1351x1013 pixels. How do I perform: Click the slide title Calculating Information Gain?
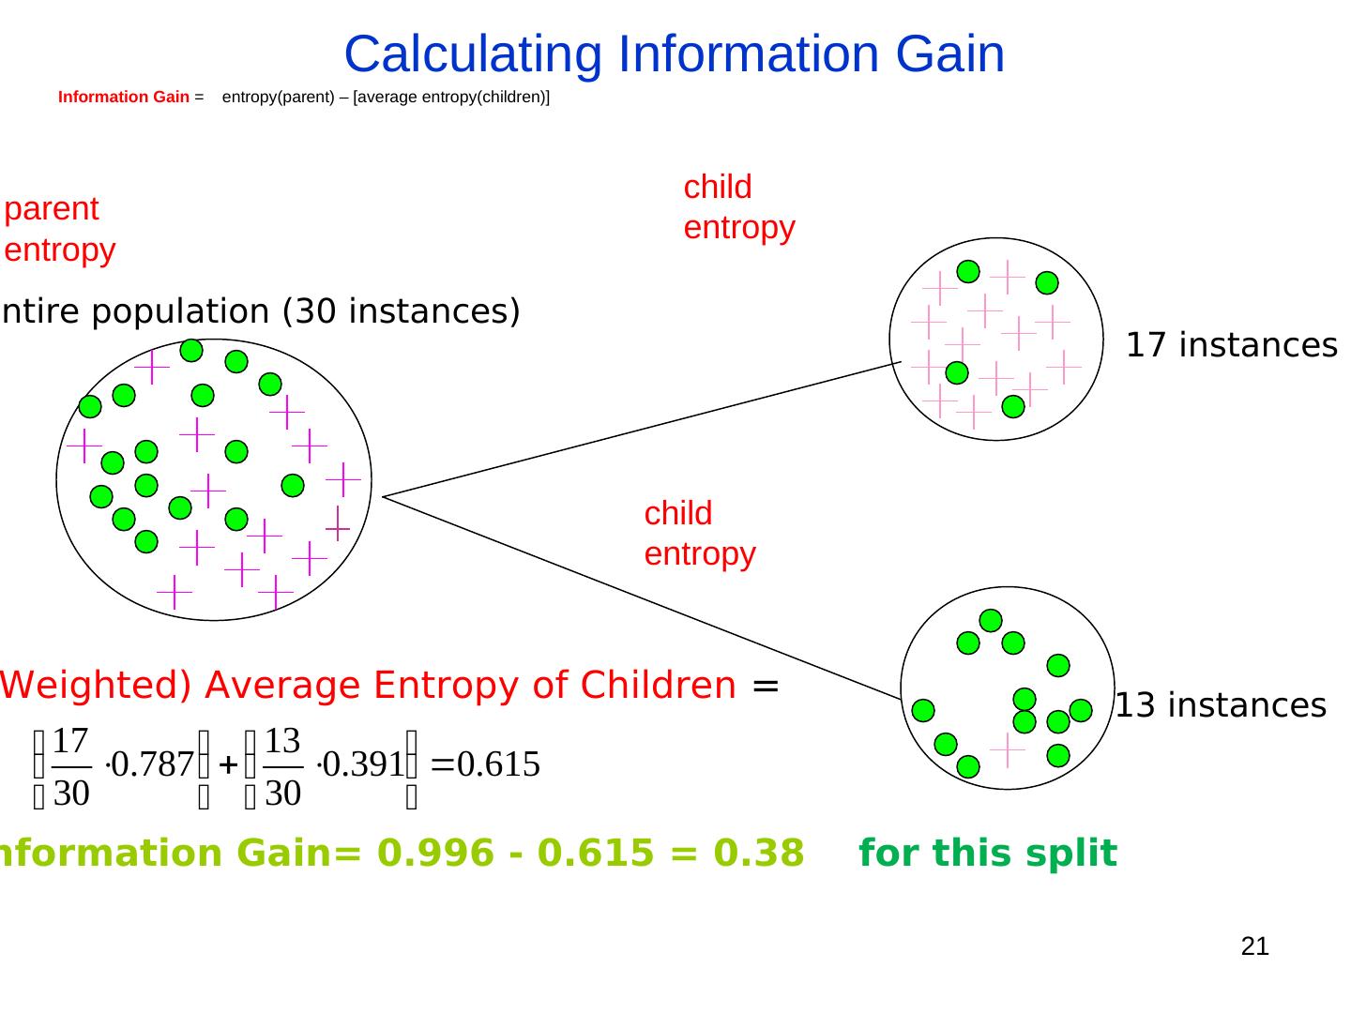tap(674, 54)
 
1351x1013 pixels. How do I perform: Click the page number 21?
tap(1254, 946)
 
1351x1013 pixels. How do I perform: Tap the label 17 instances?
tap(1231, 346)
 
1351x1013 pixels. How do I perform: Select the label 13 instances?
tap(1221, 705)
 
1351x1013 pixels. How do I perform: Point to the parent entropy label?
tap(60, 230)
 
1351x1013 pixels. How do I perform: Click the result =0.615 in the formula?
tap(484, 765)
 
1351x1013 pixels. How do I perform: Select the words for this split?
tap(987, 854)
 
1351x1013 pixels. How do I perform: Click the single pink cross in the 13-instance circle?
tap(1007, 751)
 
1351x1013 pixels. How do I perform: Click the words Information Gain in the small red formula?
tap(123, 98)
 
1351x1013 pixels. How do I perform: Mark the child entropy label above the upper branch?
tap(738, 207)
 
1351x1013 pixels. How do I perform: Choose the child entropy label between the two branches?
tap(699, 534)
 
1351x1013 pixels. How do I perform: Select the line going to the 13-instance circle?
tap(638, 597)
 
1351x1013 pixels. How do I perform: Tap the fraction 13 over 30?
tap(282, 767)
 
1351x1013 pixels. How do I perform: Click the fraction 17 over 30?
tap(71, 767)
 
